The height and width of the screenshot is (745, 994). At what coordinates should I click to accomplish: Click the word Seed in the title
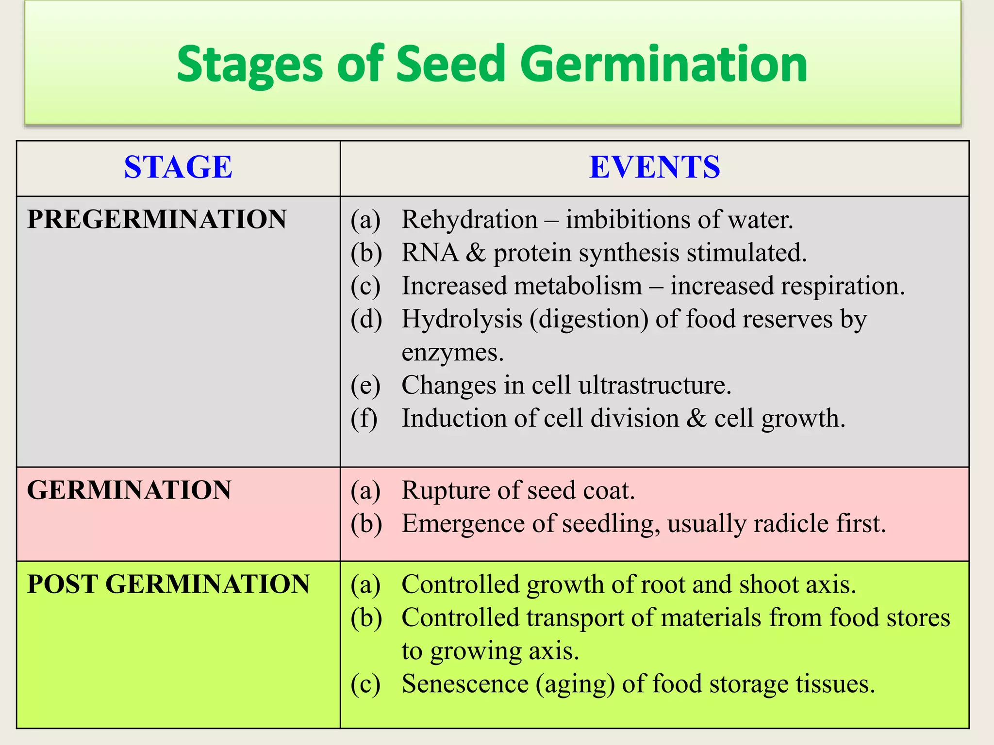click(451, 64)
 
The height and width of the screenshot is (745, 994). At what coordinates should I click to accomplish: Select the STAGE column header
click(178, 167)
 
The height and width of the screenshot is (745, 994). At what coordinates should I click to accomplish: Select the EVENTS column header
click(654, 167)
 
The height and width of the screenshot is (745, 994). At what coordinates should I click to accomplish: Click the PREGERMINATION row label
click(157, 219)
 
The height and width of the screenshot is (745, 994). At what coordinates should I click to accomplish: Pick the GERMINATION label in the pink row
click(129, 490)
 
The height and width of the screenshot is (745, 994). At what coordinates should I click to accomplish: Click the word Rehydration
click(469, 220)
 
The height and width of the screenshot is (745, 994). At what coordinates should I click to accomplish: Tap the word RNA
click(430, 253)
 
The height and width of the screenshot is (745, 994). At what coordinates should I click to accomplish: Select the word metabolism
click(578, 286)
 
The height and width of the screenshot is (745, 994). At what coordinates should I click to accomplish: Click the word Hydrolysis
click(462, 320)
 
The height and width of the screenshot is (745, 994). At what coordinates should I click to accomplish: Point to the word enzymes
click(452, 353)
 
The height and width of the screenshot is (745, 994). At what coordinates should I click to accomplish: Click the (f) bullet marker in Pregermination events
click(364, 419)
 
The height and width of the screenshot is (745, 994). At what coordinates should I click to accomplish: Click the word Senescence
click(465, 684)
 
